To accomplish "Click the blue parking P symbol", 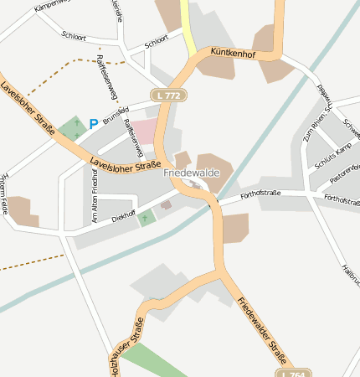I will pos(93,123).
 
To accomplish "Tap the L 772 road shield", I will pos(167,96).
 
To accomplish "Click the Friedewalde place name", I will pos(192,173).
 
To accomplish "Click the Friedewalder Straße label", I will pos(262,331).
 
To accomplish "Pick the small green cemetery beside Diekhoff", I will pos(147,219).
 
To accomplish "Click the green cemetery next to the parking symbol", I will pos(72,127).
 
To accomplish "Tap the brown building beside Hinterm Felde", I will pos(22,211).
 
